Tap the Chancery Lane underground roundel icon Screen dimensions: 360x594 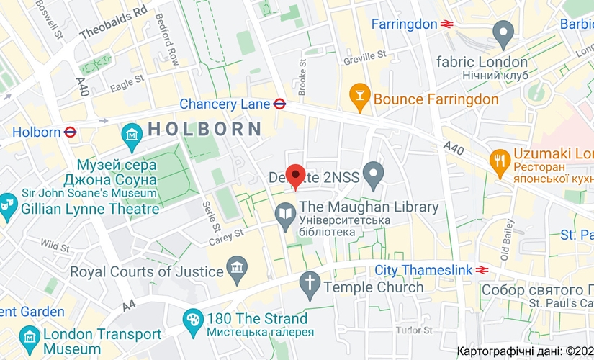(x=280, y=104)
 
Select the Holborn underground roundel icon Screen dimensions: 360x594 (x=70, y=132)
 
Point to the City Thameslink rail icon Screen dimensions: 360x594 (x=482, y=270)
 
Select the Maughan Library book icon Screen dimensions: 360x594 (x=285, y=214)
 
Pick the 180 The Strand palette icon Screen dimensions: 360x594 (x=192, y=319)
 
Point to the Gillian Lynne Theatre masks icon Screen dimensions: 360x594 (x=7, y=203)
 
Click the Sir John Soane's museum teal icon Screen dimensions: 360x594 (x=132, y=134)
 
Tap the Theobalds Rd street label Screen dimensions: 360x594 (x=113, y=22)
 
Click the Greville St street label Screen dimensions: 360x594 (x=365, y=55)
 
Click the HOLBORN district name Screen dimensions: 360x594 (x=205, y=130)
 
